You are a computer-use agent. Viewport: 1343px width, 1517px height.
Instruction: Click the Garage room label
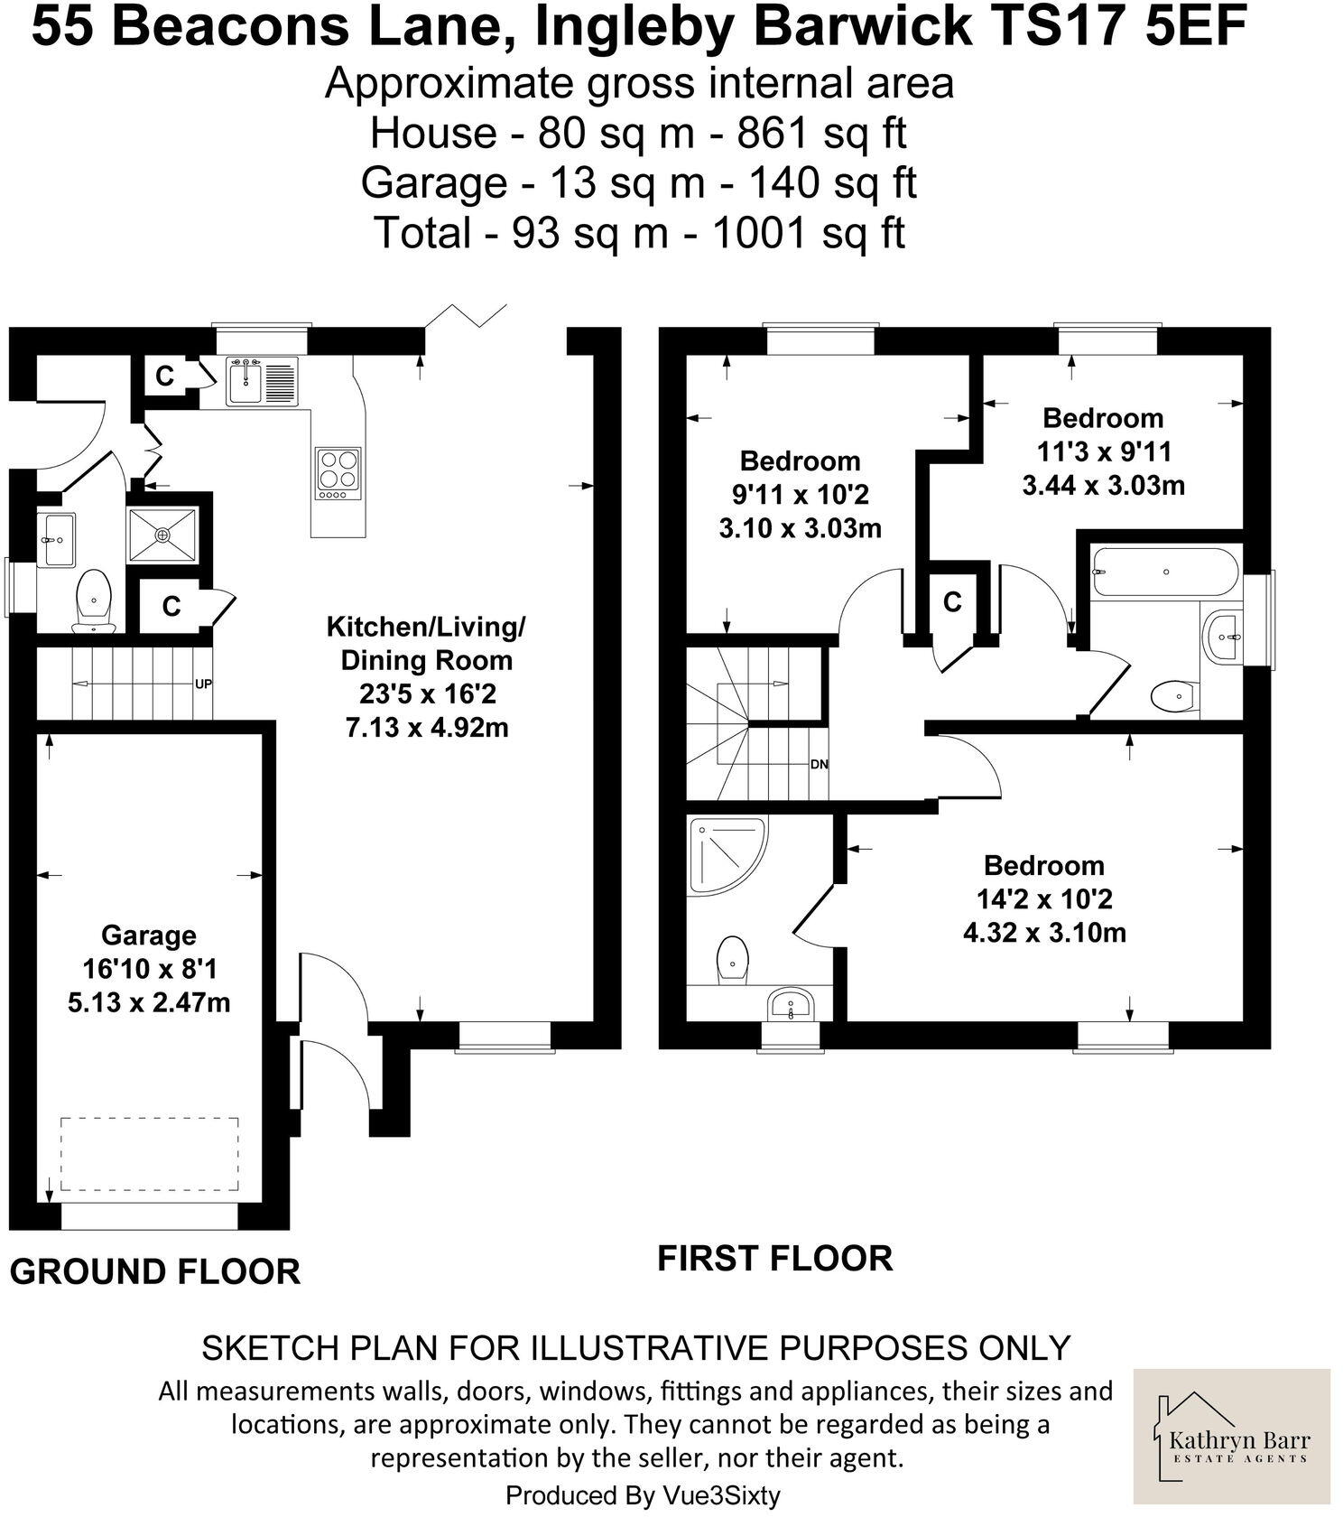tap(148, 935)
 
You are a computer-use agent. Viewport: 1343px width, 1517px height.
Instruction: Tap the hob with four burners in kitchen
tap(338, 474)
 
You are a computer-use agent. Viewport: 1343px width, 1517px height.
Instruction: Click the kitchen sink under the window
tap(245, 380)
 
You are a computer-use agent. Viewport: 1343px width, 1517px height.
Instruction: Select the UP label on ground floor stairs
tap(203, 684)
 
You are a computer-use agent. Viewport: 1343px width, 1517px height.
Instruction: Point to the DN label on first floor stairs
tap(819, 764)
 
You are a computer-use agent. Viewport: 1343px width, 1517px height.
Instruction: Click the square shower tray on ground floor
tap(162, 535)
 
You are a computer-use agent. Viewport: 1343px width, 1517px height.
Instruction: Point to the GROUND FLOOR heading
tap(154, 1271)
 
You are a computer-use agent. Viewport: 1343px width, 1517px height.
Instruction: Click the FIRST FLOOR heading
tap(774, 1258)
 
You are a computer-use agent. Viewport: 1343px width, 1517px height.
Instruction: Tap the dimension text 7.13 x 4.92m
tap(427, 727)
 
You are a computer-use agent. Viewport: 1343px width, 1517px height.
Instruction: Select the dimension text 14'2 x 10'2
tap(1044, 898)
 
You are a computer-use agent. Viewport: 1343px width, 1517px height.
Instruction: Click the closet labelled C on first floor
tap(952, 601)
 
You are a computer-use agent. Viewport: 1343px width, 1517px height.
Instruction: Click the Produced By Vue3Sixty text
tap(643, 1494)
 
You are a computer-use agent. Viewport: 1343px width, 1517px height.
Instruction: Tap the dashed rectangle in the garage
tap(150, 1155)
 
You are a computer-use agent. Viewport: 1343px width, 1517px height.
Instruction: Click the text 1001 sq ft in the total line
tap(808, 233)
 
